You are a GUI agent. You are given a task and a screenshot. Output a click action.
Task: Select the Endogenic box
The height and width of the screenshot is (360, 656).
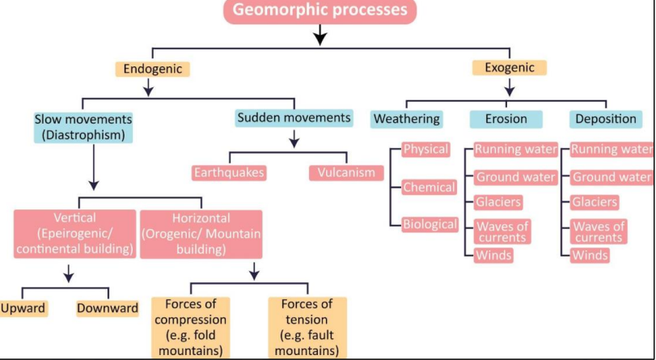tap(153, 69)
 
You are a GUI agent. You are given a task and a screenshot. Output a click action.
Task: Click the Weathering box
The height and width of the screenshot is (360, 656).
tap(406, 119)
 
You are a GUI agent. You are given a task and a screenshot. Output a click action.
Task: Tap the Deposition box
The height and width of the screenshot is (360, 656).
tap(606, 119)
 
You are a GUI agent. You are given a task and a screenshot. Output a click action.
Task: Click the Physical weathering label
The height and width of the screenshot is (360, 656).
tap(425, 150)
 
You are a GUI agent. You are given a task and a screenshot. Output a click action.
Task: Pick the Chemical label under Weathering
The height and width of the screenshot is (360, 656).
tap(429, 187)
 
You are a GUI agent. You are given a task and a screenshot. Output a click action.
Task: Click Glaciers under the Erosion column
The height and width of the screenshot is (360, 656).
tap(498, 202)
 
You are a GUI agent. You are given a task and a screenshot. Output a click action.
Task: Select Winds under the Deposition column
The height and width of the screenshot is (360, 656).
tap(590, 256)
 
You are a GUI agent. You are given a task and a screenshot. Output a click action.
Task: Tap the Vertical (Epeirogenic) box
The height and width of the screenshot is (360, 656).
tap(74, 234)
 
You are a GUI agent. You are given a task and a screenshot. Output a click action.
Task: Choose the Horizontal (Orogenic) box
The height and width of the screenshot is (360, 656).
tap(201, 234)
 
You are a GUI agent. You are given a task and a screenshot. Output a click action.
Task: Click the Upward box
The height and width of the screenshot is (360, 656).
tap(23, 308)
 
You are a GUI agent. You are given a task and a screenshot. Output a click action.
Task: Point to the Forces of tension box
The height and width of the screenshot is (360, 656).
tap(307, 328)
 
